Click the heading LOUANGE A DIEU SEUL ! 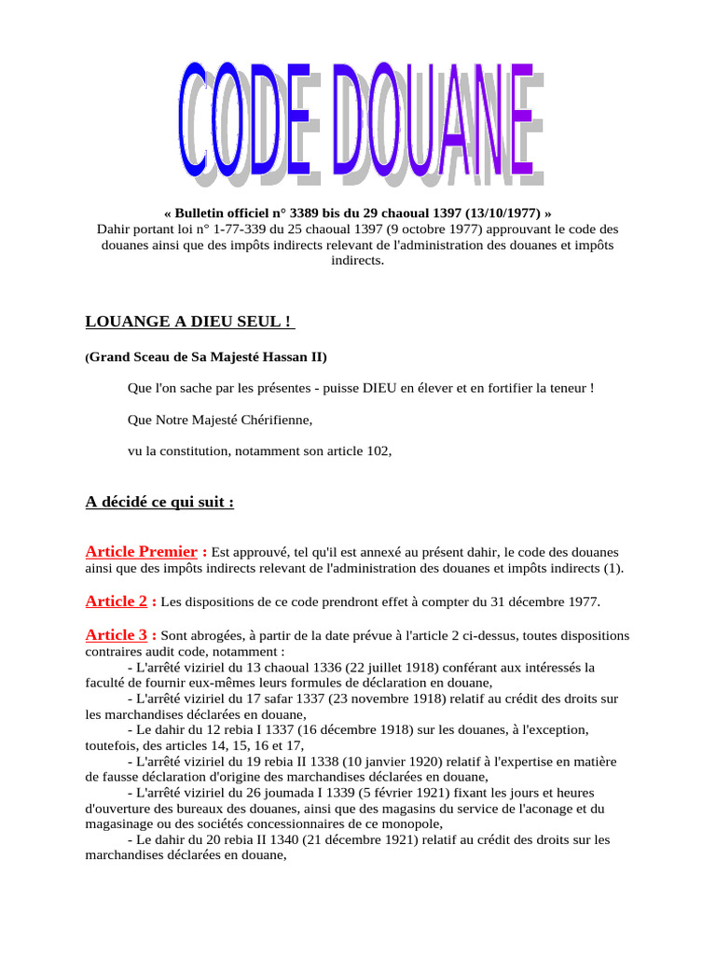click(x=189, y=322)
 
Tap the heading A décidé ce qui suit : click(x=159, y=502)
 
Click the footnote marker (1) click(x=613, y=568)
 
